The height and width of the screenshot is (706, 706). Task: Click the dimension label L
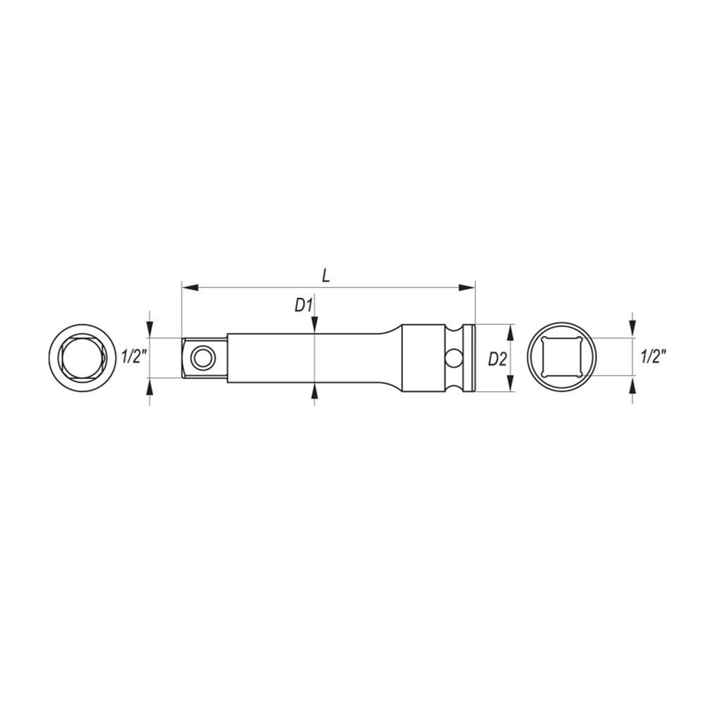(x=326, y=275)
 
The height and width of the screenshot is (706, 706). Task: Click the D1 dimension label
(x=304, y=306)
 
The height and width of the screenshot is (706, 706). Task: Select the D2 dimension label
(x=498, y=359)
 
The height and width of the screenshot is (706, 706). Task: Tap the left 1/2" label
(x=135, y=357)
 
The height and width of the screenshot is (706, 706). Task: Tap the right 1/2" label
(x=653, y=357)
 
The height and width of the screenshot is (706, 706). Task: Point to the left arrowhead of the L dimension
(x=190, y=287)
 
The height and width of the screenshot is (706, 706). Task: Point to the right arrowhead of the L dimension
(x=467, y=287)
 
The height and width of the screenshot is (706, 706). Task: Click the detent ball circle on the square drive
(x=203, y=359)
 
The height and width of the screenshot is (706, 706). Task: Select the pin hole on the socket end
(x=453, y=359)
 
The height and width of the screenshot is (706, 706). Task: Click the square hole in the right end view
(x=562, y=357)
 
